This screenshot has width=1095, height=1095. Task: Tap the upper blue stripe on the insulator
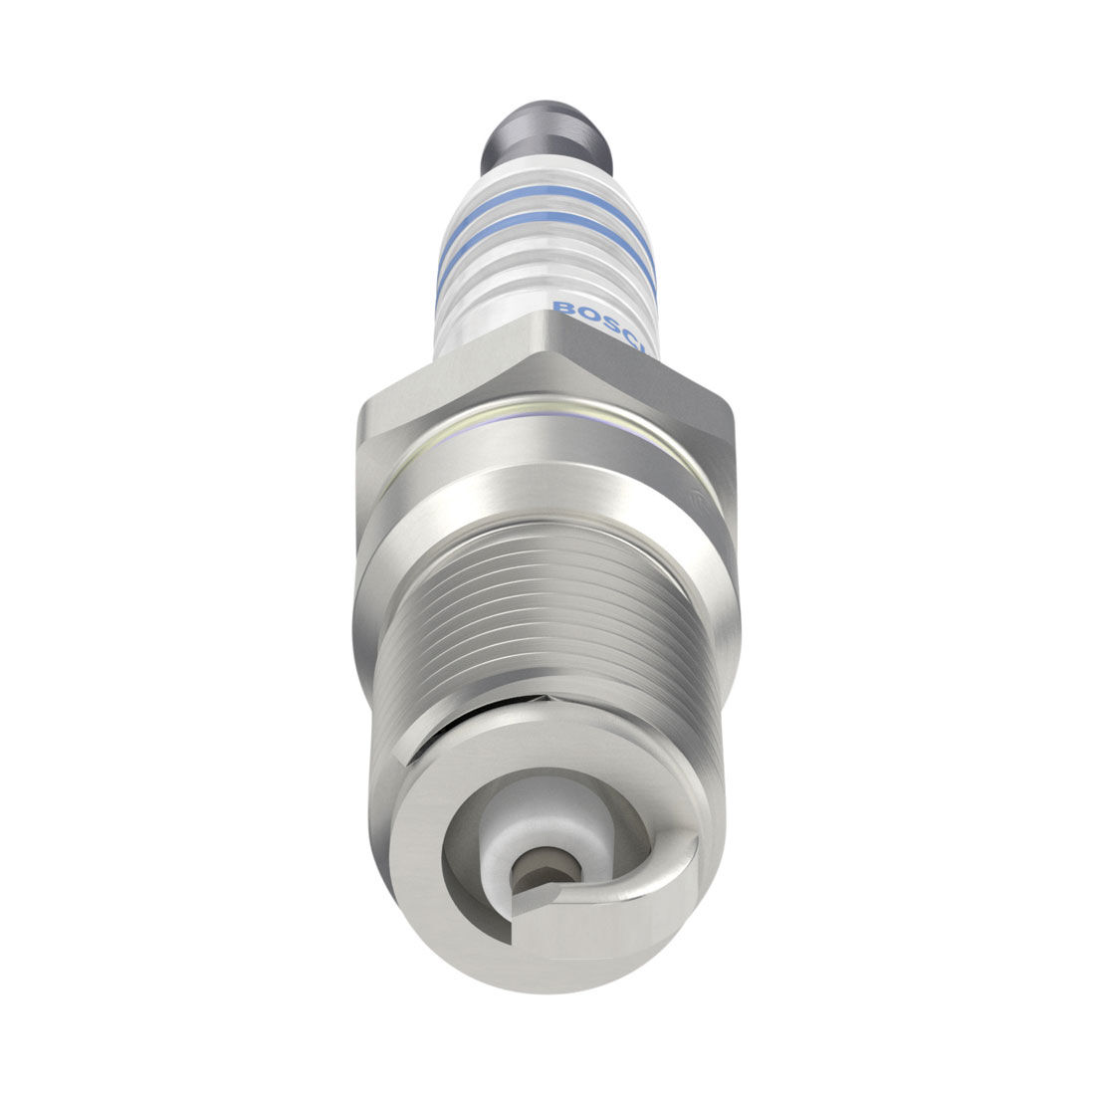coord(546,218)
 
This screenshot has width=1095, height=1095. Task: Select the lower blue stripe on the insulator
coord(546,251)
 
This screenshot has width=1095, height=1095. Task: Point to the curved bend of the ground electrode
coord(677,856)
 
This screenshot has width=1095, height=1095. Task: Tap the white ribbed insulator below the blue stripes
coord(546,299)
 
